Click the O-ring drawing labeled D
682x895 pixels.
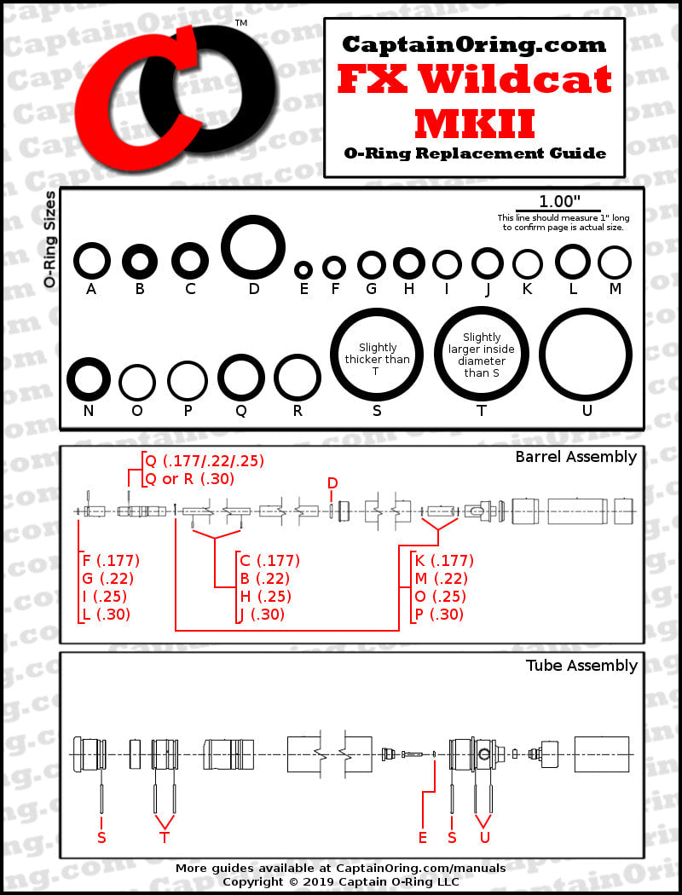click(253, 247)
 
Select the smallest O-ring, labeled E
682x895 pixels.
click(303, 270)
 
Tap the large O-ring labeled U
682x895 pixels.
click(586, 355)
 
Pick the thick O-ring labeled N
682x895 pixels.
click(89, 379)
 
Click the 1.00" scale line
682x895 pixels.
click(558, 211)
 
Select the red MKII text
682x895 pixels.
click(475, 124)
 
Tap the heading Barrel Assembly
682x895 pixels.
click(575, 457)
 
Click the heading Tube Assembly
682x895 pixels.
click(581, 666)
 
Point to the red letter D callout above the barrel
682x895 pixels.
click(332, 483)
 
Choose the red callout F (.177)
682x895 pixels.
click(112, 561)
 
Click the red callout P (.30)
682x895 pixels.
click(439, 615)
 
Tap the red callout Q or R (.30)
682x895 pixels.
click(190, 479)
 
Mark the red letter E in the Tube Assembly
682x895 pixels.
click(422, 837)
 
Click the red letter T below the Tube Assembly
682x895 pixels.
click(165, 837)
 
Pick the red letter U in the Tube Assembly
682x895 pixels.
click(484, 837)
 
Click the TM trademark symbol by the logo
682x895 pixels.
click(241, 23)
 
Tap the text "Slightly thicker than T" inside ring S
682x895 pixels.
click(377, 359)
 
